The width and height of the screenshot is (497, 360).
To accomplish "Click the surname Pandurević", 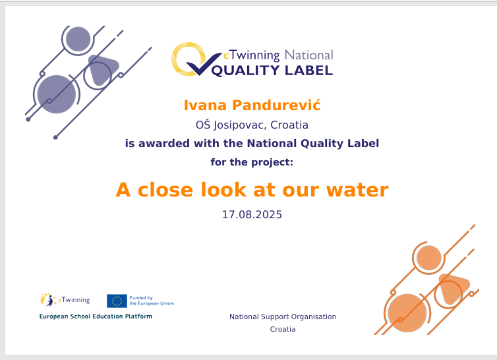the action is pyautogui.click(x=276, y=105).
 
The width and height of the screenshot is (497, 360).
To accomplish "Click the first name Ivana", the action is pyautogui.click(x=205, y=105).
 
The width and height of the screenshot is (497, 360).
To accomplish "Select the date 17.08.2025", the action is pyautogui.click(x=252, y=215).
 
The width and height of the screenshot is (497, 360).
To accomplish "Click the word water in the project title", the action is pyautogui.click(x=357, y=190).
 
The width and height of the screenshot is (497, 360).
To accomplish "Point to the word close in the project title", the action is pyautogui.click(x=165, y=190).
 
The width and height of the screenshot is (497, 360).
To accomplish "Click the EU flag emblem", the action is pyautogui.click(x=117, y=301).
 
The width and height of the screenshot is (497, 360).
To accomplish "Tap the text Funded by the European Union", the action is pyautogui.click(x=151, y=301).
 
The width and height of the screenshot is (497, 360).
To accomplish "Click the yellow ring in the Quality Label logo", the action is pyautogui.click(x=188, y=59).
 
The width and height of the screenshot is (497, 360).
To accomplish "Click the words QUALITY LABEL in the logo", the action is pyautogui.click(x=272, y=71).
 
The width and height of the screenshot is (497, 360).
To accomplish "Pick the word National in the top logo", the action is pyautogui.click(x=308, y=55).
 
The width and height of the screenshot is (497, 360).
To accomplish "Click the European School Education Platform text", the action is pyautogui.click(x=96, y=316).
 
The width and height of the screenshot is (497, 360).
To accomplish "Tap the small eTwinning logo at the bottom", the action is pyautogui.click(x=65, y=300).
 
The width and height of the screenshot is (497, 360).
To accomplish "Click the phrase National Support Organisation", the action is pyautogui.click(x=283, y=316).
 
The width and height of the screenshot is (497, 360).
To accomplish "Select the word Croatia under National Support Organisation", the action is pyautogui.click(x=283, y=329).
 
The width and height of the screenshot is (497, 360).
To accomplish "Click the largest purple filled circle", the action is pyautogui.click(x=57, y=94).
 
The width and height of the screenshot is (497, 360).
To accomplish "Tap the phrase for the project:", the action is pyautogui.click(x=252, y=162).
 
